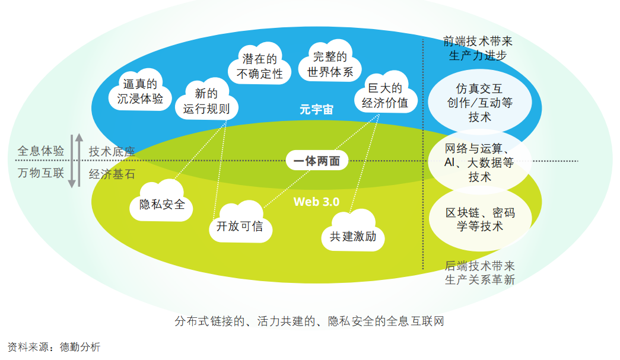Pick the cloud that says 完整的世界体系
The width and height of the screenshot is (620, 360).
pyautogui.click(x=330, y=65)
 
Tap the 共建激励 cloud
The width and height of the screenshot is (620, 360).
pyautogui.click(x=352, y=237)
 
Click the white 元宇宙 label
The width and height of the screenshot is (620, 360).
pyautogui.click(x=316, y=110)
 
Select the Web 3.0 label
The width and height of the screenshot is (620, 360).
pyautogui.click(x=316, y=202)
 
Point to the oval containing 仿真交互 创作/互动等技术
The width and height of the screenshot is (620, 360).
pyautogui.click(x=479, y=103)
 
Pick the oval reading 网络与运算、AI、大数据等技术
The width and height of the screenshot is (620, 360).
pyautogui.click(x=479, y=162)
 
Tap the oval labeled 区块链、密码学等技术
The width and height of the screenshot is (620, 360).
pyautogui.click(x=479, y=219)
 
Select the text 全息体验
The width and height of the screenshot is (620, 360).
pyautogui.click(x=40, y=151)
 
